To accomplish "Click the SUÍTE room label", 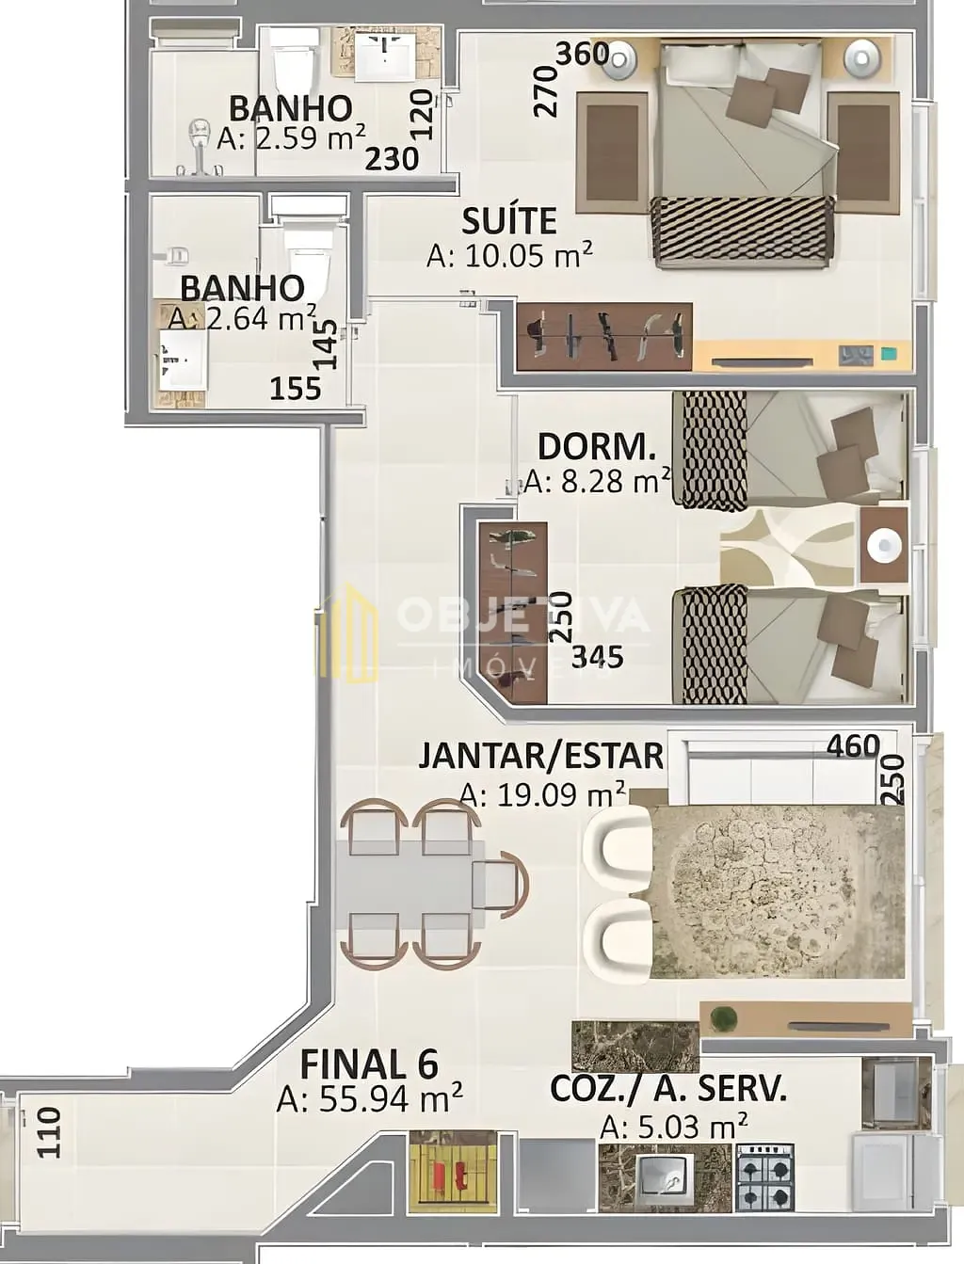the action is tap(509, 221).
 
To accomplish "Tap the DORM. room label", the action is tap(597, 446).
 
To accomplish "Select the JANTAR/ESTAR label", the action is tap(540, 756).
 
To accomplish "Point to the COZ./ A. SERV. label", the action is tap(668, 1088).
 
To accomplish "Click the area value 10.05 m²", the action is tap(509, 255).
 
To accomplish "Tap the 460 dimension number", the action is tap(853, 746).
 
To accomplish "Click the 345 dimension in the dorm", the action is tap(597, 657).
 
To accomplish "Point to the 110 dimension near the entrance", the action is tap(49, 1132).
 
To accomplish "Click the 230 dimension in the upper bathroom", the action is tap(393, 159).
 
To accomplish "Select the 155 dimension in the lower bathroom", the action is tap(296, 389).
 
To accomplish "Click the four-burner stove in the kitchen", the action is tap(765, 1174).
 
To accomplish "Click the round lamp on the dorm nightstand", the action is tap(884, 544).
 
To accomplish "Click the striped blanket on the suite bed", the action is tap(744, 232).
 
